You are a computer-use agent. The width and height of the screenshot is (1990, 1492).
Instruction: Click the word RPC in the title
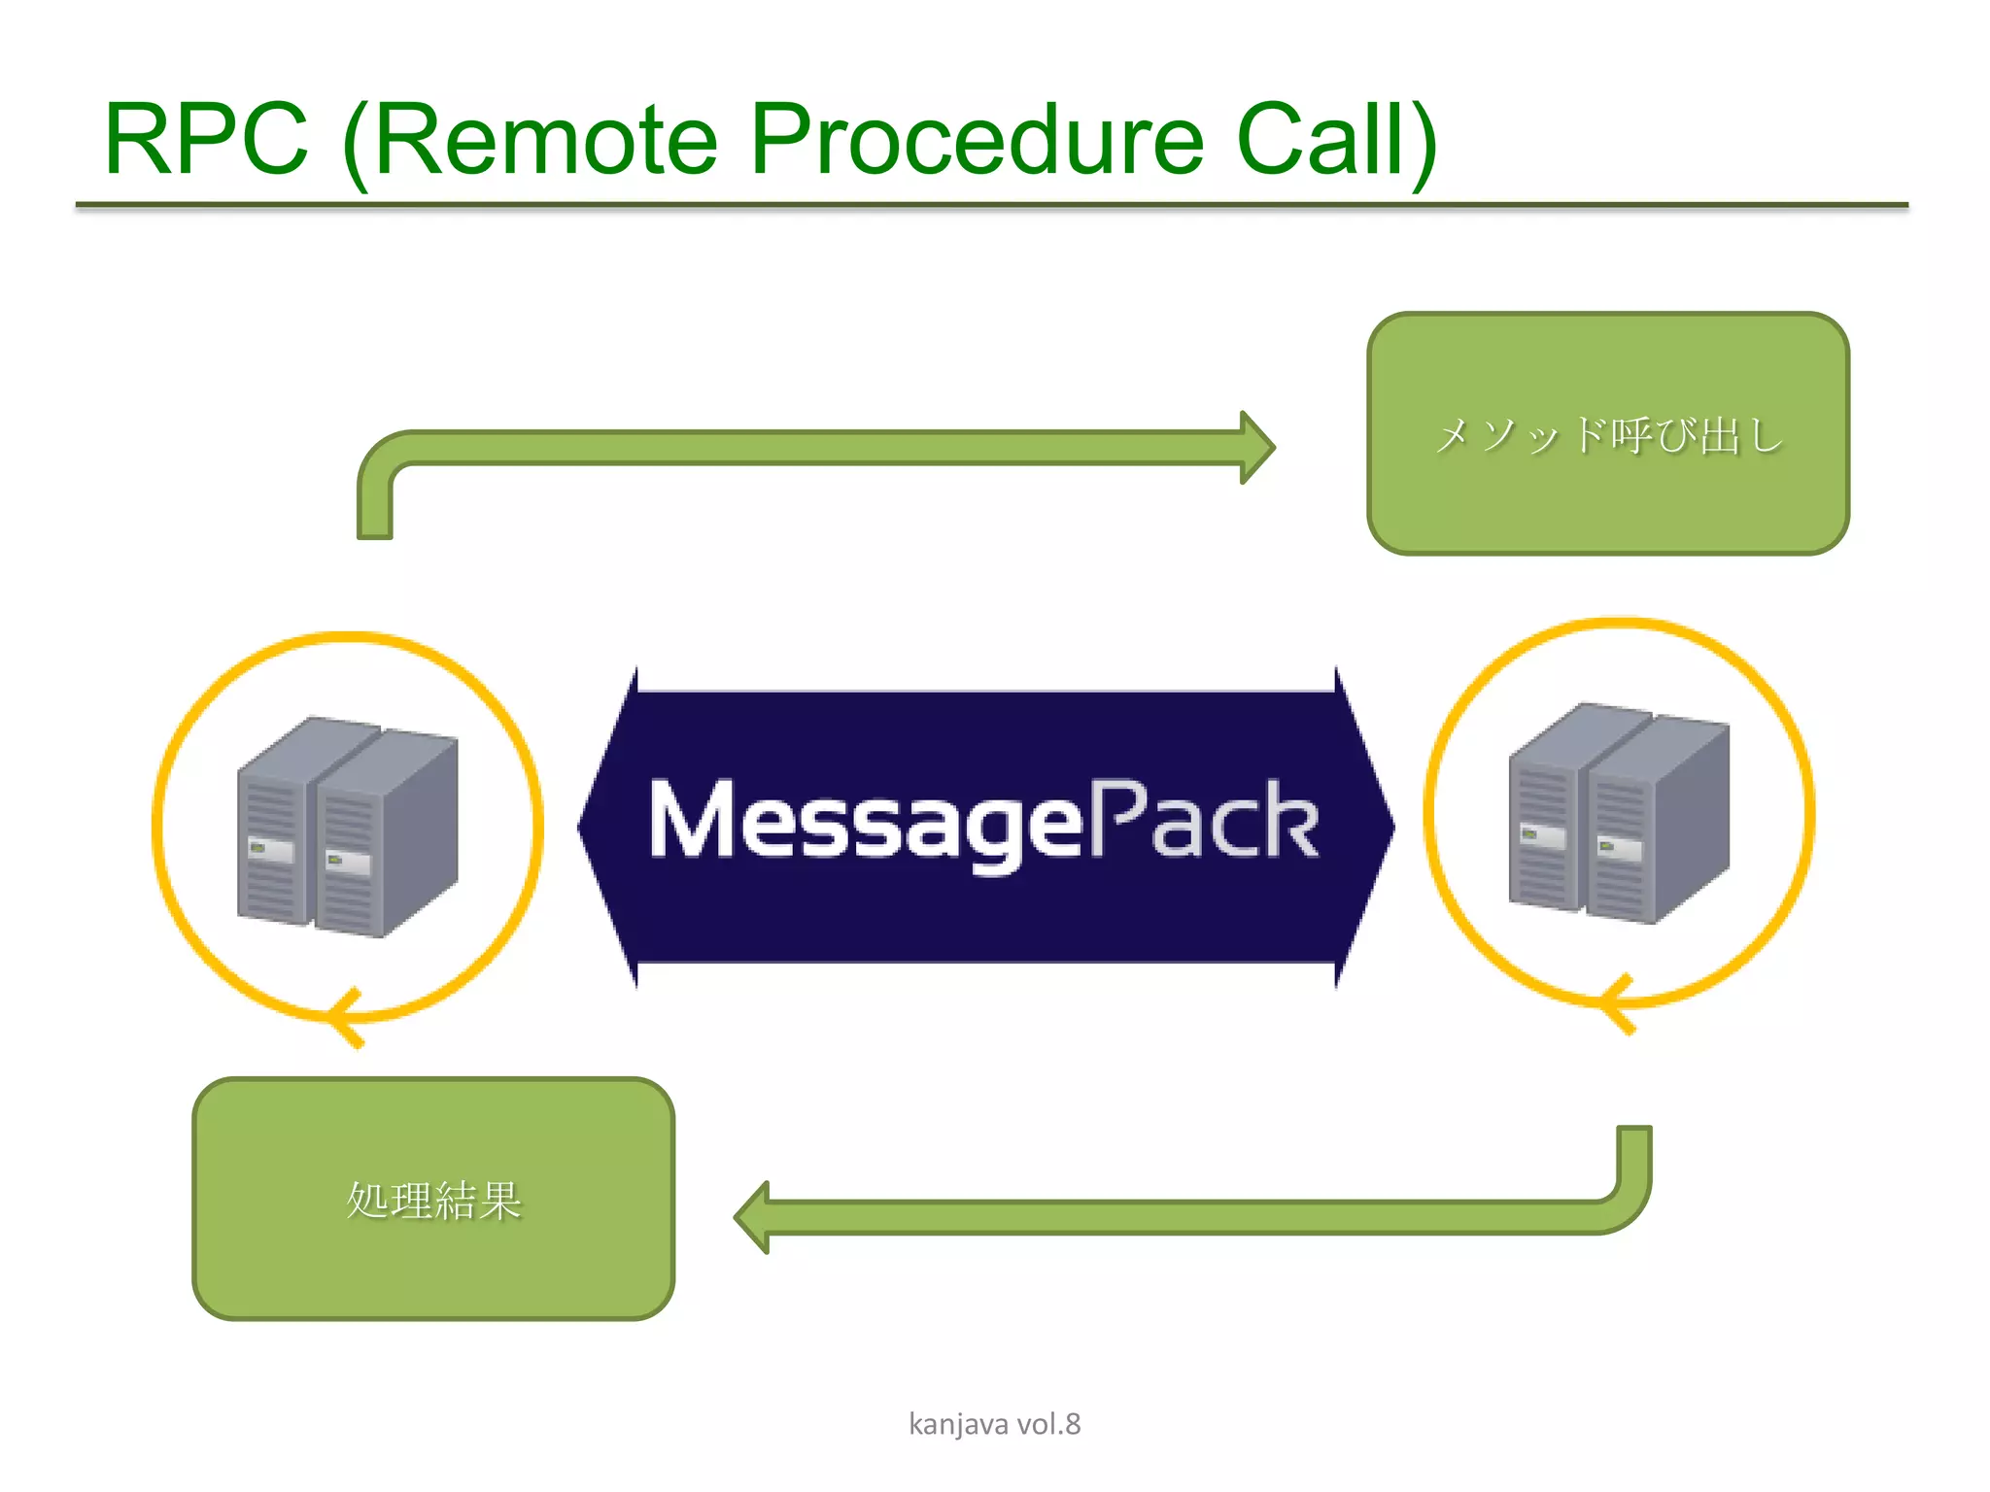(x=206, y=141)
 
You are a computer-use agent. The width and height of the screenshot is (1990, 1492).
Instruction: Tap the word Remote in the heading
(x=544, y=141)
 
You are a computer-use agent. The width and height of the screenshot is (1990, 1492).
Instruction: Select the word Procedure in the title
(x=977, y=141)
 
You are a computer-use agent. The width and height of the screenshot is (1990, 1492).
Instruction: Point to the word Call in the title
(x=1321, y=141)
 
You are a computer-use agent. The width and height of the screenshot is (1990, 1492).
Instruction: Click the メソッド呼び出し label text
(x=1608, y=435)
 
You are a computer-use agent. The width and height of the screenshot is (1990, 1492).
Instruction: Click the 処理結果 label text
(x=433, y=1201)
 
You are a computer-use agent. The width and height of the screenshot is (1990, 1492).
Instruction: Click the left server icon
(x=347, y=827)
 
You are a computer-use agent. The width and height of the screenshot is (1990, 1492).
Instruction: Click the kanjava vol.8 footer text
(x=994, y=1424)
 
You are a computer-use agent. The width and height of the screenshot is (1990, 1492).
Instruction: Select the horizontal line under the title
(x=991, y=206)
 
